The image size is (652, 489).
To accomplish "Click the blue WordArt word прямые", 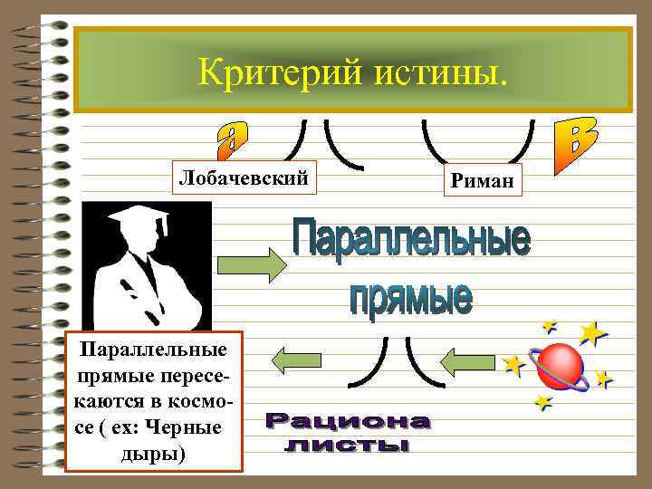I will pyautogui.click(x=411, y=297).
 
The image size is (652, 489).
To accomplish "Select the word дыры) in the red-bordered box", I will pyautogui.click(x=153, y=452).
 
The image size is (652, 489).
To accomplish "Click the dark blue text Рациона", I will pyautogui.click(x=349, y=422).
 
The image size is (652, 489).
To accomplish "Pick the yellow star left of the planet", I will pyautogui.click(x=514, y=365).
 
